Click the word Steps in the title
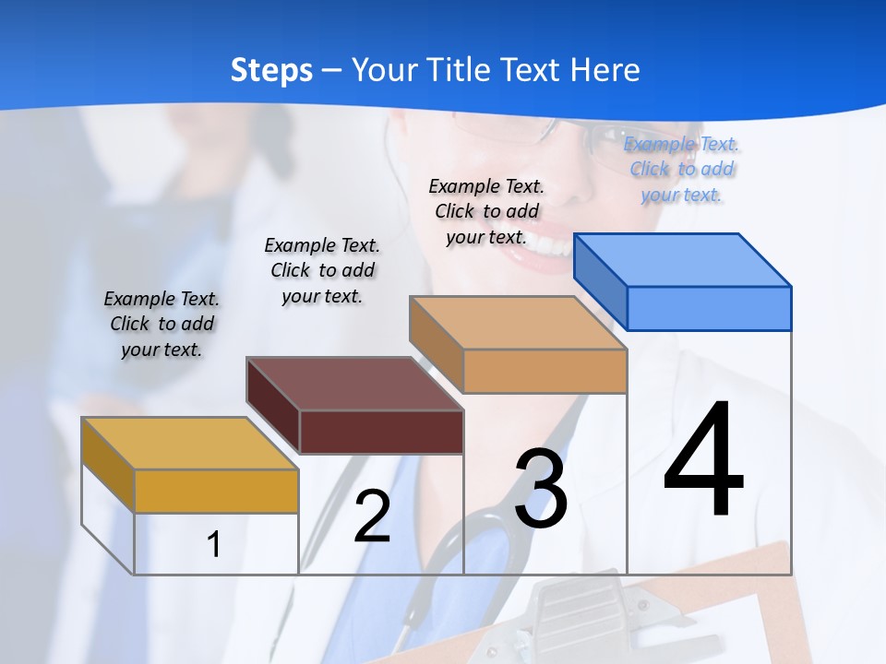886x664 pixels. point(271,70)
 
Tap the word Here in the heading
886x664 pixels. point(605,70)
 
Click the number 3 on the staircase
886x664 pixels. point(541,489)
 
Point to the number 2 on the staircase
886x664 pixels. point(372,516)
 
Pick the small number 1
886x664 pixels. point(213,545)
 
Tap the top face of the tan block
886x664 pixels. point(518,323)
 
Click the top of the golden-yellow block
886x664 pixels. point(190,444)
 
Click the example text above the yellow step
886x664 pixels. point(162,324)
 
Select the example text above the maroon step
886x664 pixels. point(322,270)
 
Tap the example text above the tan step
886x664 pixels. point(487,211)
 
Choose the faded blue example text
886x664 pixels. point(682,169)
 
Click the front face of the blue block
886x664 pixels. point(709,308)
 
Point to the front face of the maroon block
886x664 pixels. point(381,432)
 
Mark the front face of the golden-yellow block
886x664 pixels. point(216,491)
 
